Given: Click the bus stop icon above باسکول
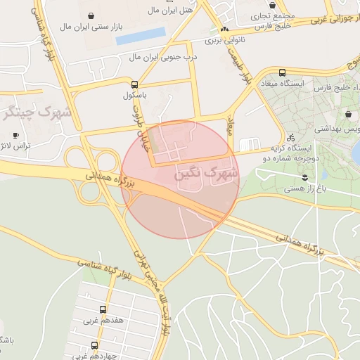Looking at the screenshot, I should click(x=134, y=83).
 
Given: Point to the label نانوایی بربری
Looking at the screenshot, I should click(x=223, y=41).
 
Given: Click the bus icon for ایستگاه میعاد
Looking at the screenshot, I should click(x=282, y=72).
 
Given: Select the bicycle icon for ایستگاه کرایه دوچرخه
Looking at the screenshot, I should click(x=290, y=138).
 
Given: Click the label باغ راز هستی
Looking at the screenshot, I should click(x=304, y=188).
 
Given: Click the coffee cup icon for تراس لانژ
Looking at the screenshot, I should click(x=15, y=135).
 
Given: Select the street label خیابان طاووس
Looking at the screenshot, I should click(x=139, y=123).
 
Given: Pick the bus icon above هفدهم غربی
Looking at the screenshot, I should click(x=103, y=309).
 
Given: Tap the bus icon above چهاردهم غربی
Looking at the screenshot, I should click(x=94, y=345).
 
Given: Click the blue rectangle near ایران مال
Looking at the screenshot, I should click(x=140, y=35).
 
